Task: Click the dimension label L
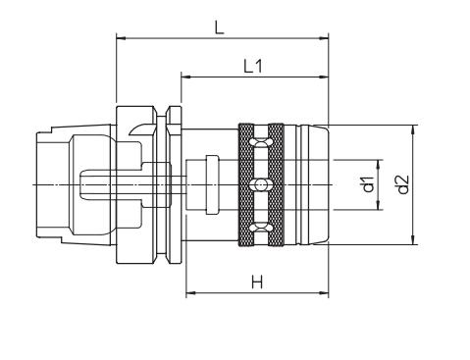click(x=220, y=27)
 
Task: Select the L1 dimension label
click(x=253, y=66)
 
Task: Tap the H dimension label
click(x=257, y=282)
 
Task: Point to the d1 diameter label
click(x=369, y=184)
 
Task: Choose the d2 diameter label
click(x=403, y=184)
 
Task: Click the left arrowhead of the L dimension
click(x=121, y=38)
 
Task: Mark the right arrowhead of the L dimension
click(x=324, y=38)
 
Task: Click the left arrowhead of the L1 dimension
click(x=186, y=77)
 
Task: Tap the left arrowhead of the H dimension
click(x=191, y=292)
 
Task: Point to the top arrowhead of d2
click(x=413, y=129)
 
